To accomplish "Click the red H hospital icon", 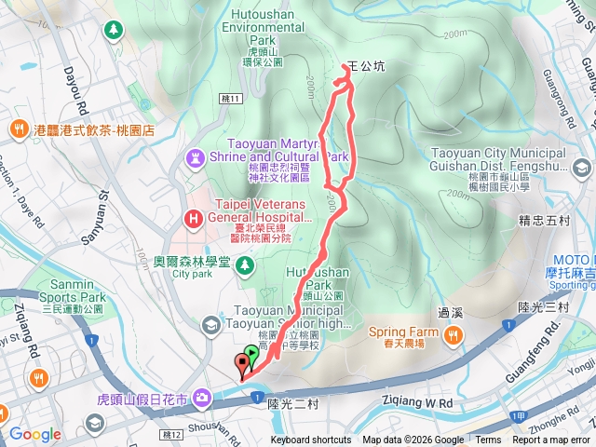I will (x=194, y=220).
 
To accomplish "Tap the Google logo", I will (x=34, y=434).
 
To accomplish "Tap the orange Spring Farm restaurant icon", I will (x=454, y=334).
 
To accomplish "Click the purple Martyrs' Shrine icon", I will (x=196, y=156).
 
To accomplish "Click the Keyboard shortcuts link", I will (x=312, y=440).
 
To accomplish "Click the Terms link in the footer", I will (x=488, y=440).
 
